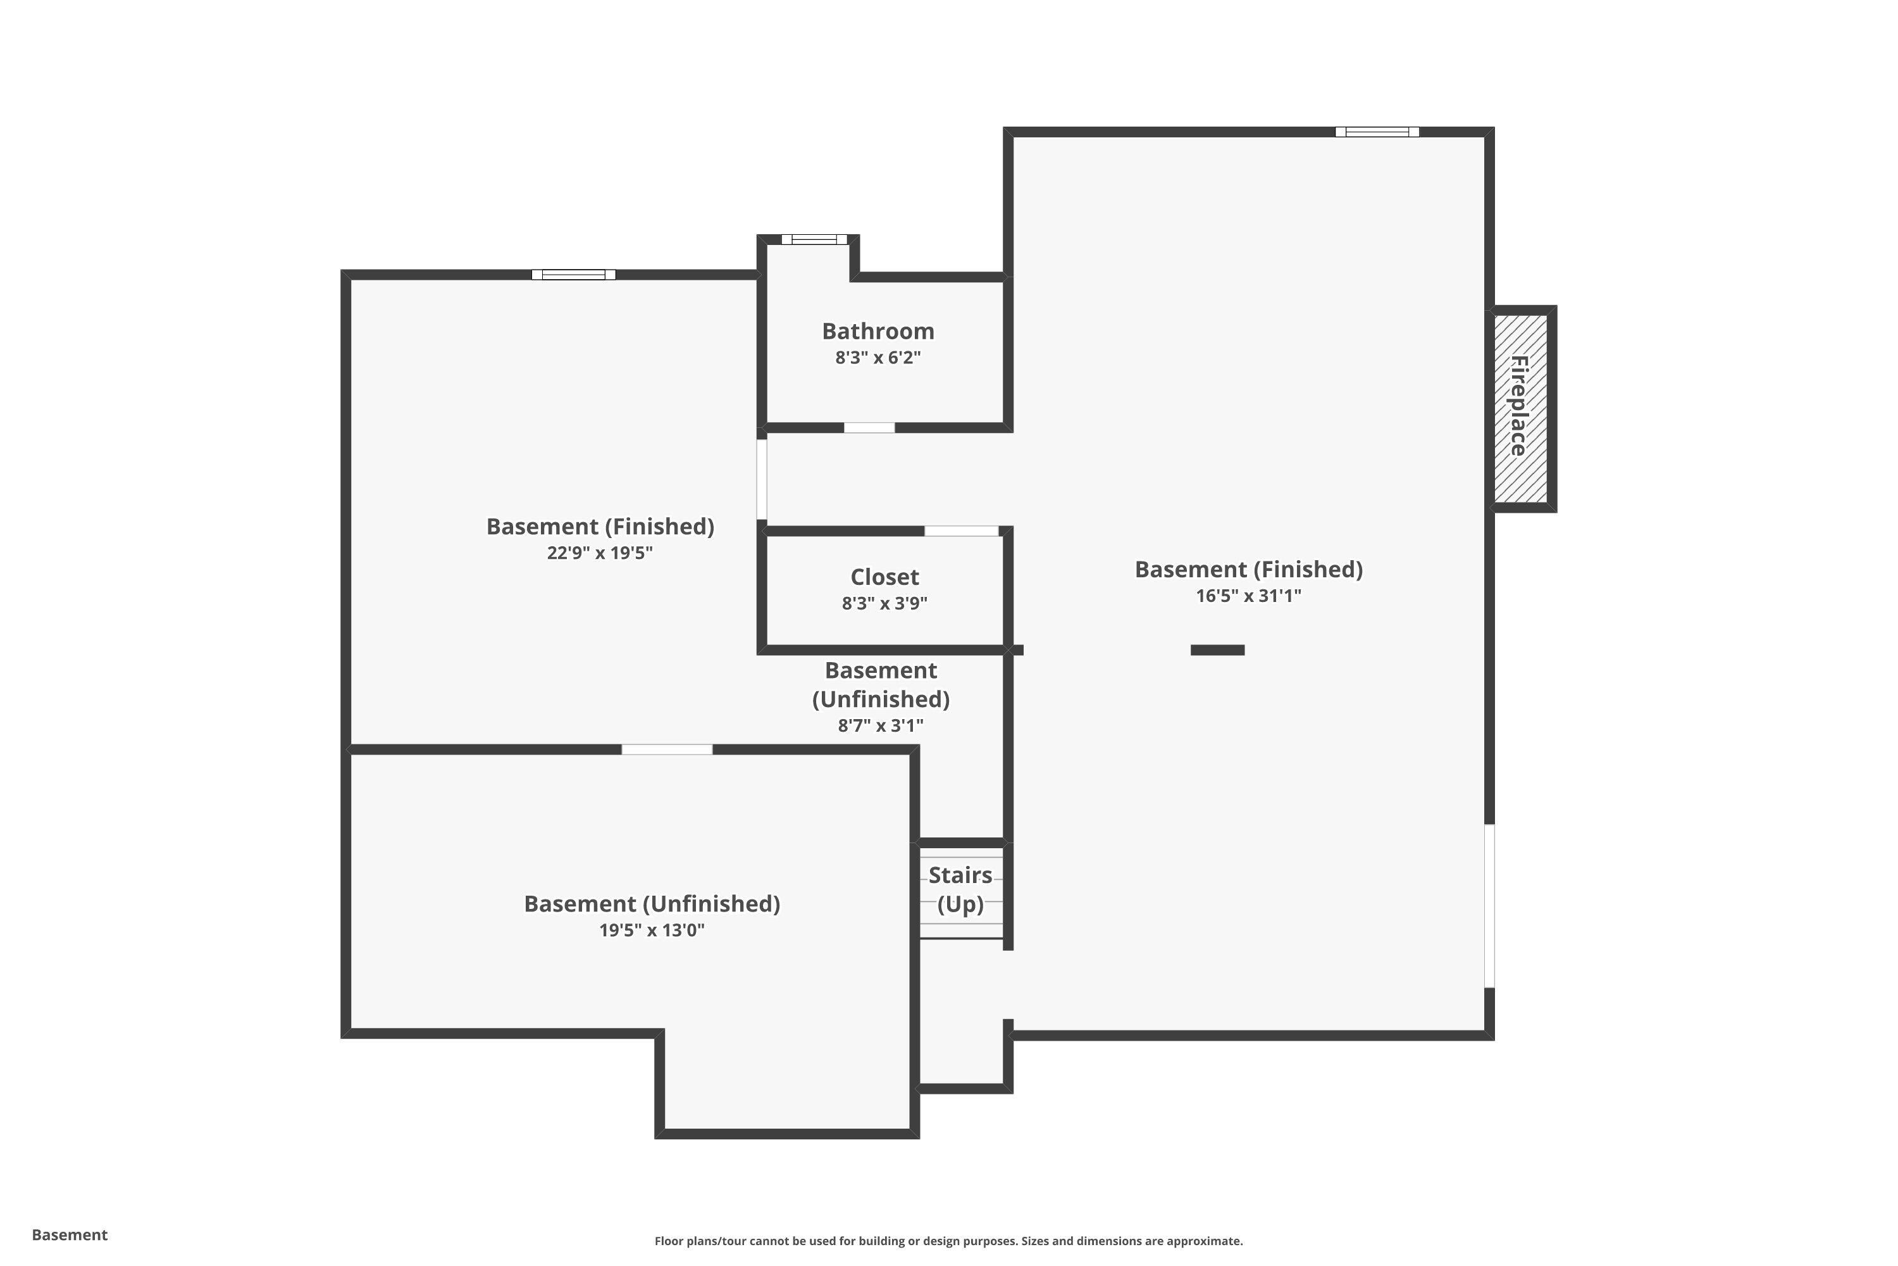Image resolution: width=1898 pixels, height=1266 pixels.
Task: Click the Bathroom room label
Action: pos(878,331)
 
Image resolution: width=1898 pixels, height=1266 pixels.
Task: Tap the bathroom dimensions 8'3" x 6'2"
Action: pos(878,358)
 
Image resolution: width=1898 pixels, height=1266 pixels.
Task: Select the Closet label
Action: pos(884,577)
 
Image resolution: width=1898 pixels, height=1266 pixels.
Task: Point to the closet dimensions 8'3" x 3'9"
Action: pos(884,603)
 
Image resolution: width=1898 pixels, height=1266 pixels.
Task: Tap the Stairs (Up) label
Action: pos(960,889)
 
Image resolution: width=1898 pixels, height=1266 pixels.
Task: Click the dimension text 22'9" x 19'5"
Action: pos(600,553)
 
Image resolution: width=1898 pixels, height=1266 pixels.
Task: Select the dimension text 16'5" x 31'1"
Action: pos(1248,596)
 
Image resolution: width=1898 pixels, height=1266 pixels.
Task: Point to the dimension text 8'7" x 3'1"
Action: pos(881,725)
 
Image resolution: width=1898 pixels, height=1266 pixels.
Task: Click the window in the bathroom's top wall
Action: pos(814,239)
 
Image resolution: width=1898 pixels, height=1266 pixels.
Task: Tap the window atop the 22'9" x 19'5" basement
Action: pos(573,275)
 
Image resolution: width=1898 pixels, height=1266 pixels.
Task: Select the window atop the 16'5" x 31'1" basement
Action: pos(1377,132)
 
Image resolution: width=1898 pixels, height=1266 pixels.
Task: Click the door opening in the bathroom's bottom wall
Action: pos(869,427)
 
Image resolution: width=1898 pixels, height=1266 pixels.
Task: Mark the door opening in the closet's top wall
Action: pos(961,530)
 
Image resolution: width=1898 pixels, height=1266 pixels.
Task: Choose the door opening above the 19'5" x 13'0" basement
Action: pos(667,749)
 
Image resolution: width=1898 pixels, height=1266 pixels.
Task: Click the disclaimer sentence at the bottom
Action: pos(948,1241)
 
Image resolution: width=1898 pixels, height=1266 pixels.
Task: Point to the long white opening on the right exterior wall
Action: pos(1490,905)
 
